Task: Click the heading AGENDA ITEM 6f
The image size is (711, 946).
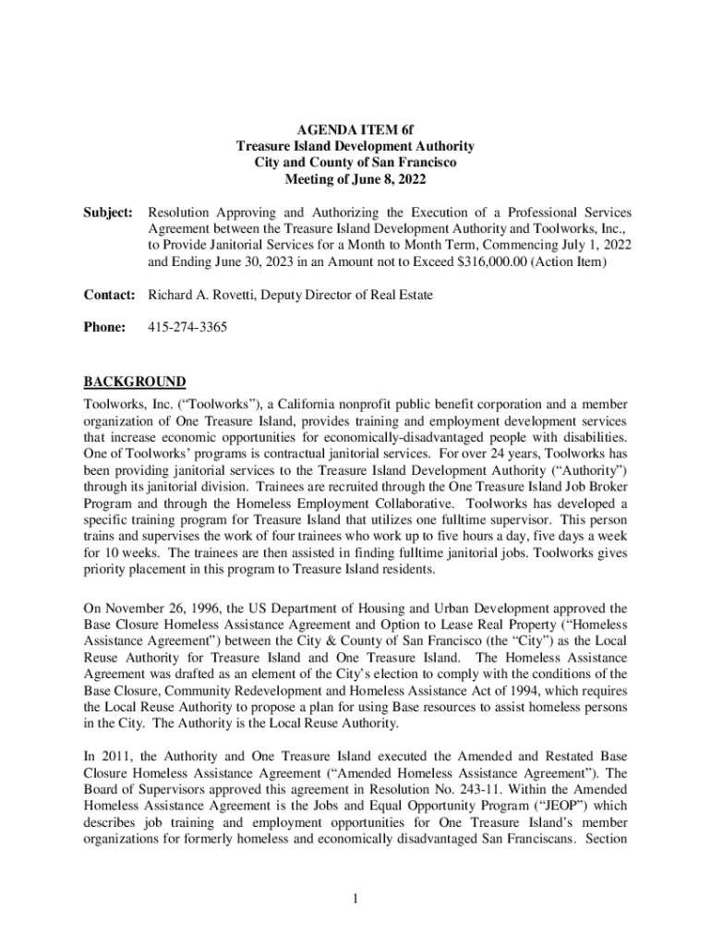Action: coord(355,130)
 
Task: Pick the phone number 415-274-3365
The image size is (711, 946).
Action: coord(187,327)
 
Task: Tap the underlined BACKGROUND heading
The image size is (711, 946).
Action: coord(135,382)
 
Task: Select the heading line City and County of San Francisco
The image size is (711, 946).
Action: coord(355,163)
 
